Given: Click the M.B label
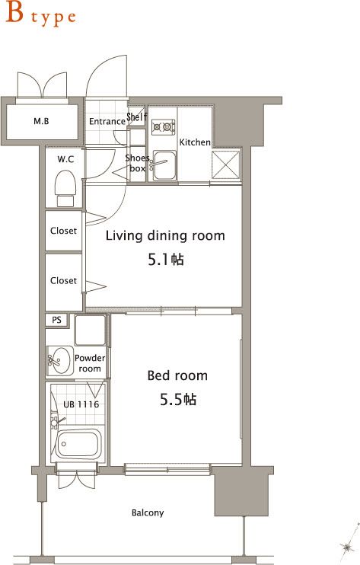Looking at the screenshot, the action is click(41, 121).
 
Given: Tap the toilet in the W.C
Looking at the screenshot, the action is click(65, 188).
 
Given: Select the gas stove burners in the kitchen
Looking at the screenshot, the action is click(163, 127).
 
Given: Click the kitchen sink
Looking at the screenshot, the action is click(164, 165).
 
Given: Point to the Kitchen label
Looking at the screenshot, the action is click(195, 142).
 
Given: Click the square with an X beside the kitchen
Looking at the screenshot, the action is click(226, 164).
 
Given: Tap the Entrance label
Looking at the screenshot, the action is click(107, 121).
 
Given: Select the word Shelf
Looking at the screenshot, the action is click(137, 117).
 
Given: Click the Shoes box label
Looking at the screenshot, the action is click(137, 163).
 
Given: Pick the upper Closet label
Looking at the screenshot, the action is click(63, 231).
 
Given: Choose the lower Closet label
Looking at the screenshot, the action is click(63, 280).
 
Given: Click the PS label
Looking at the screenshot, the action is click(56, 320).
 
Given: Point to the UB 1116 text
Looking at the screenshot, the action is click(81, 404).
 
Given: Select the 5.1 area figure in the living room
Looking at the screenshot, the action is click(166, 260).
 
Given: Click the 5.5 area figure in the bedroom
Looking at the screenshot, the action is click(178, 399).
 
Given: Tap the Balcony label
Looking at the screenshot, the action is click(148, 512).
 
